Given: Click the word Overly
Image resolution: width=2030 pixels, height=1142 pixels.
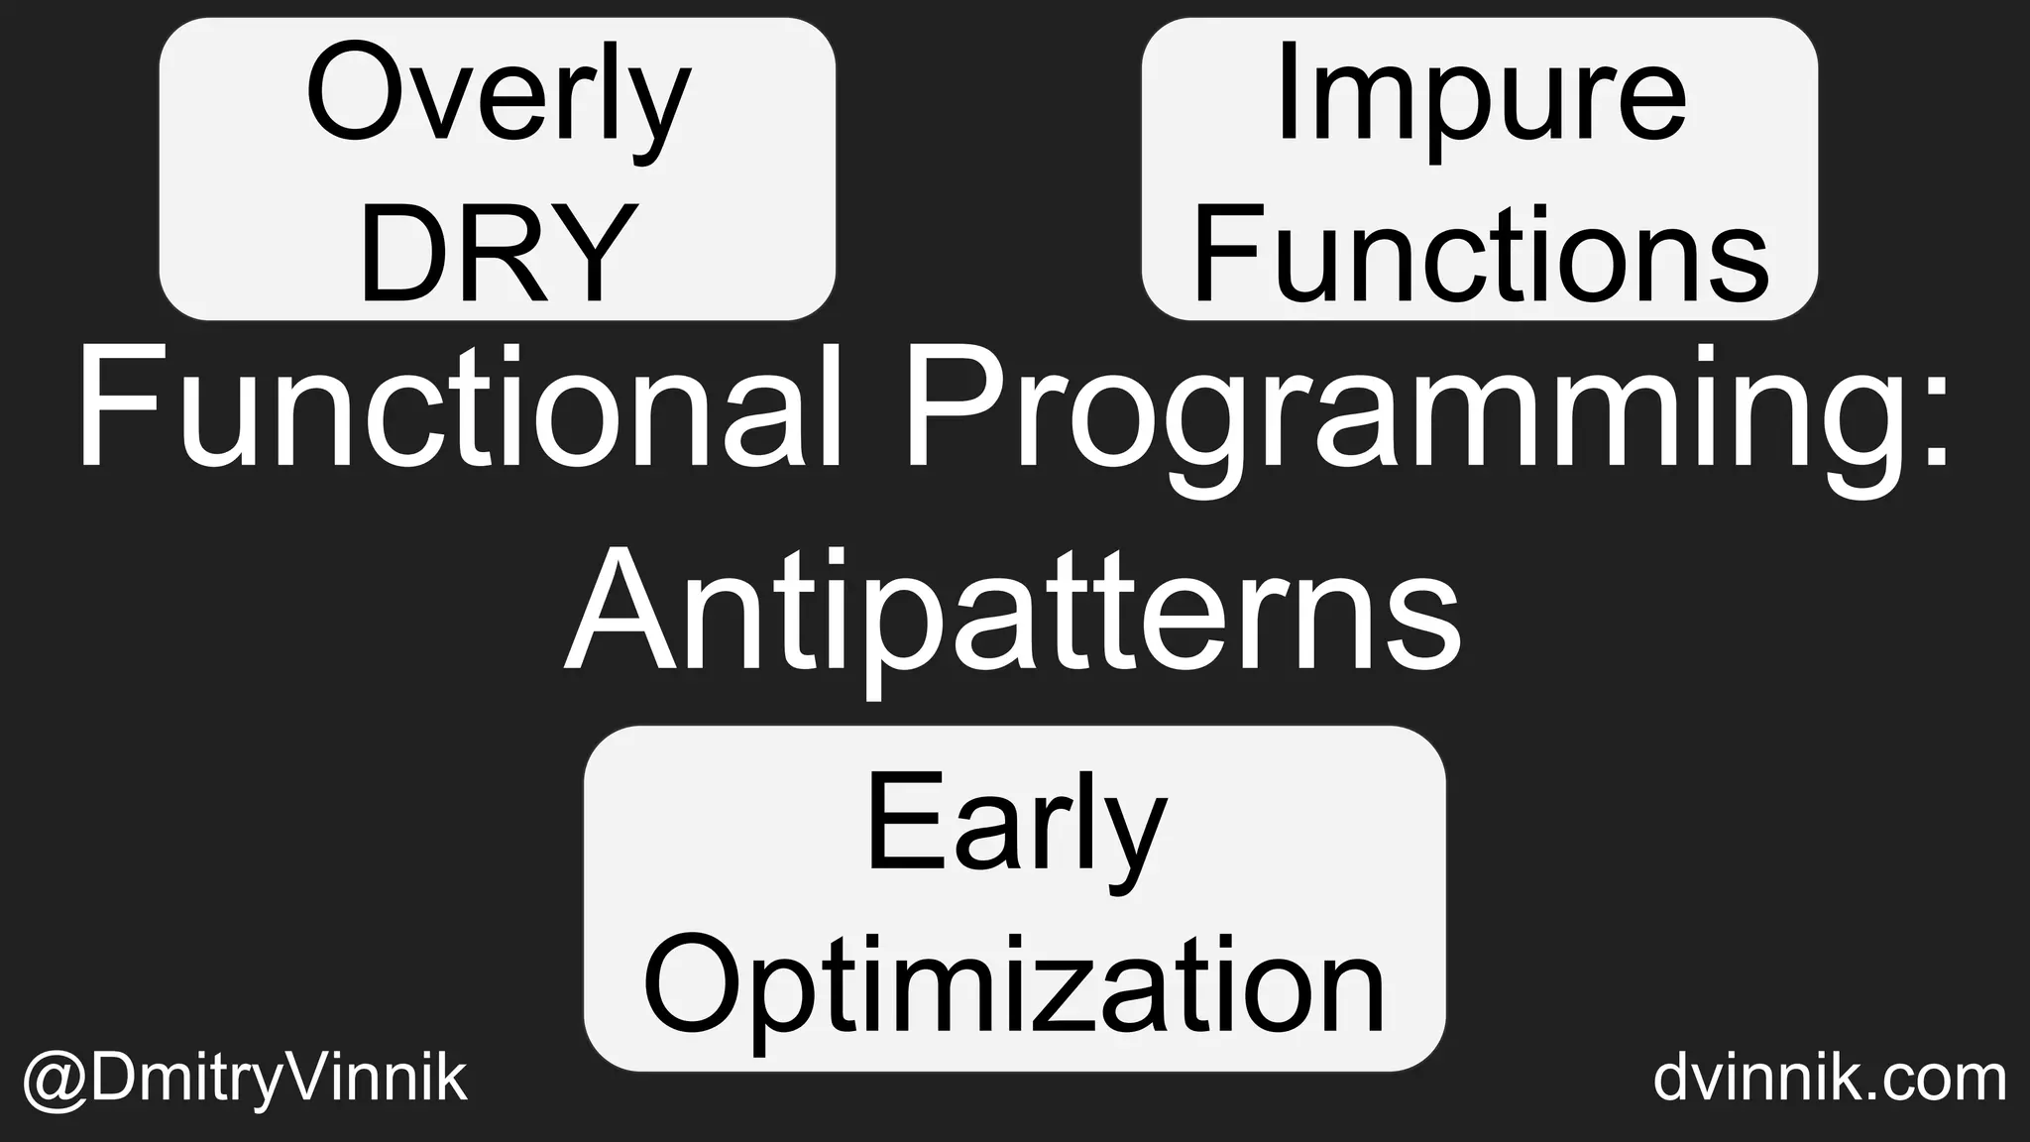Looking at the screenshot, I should [498, 99].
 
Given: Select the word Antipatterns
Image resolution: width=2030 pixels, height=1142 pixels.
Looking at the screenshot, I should [1013, 610].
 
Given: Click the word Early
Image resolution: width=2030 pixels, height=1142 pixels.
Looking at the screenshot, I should [1015, 828].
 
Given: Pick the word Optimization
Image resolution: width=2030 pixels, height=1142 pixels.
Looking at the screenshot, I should [1015, 986].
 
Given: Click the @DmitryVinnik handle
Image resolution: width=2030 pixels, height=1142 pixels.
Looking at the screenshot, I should [244, 1080].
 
